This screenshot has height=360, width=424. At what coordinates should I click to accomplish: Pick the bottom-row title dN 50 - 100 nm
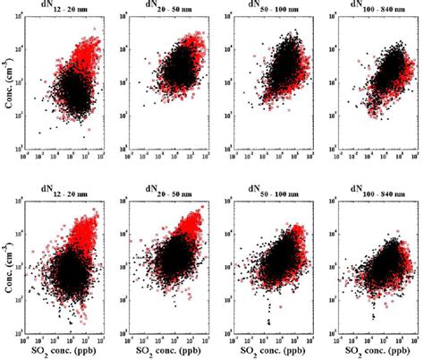[266, 190]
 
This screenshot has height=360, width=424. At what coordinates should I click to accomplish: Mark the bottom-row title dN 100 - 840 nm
[367, 190]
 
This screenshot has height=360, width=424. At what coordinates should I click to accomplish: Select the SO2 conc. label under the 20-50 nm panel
[168, 349]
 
